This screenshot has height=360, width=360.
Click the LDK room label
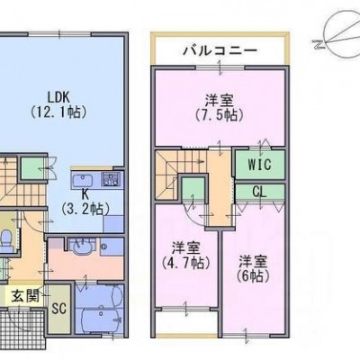tap(58, 97)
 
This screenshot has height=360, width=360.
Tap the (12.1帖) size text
tap(58, 112)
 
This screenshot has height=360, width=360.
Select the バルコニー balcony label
tap(220, 50)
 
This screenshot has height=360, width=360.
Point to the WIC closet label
tap(259, 165)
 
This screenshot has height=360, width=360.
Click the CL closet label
tap(259, 192)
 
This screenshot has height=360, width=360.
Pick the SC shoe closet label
tap(58, 308)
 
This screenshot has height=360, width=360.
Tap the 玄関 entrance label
tap(25, 297)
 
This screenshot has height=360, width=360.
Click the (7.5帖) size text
tap(220, 115)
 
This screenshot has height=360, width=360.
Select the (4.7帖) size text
tap(185, 263)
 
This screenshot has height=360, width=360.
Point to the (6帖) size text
tap(253, 276)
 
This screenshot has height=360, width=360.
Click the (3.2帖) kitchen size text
tap(85, 209)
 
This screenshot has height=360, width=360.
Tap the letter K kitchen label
tap(85, 194)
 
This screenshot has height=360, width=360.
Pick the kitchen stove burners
tap(111, 180)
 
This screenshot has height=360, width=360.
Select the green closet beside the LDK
tap(33, 168)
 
